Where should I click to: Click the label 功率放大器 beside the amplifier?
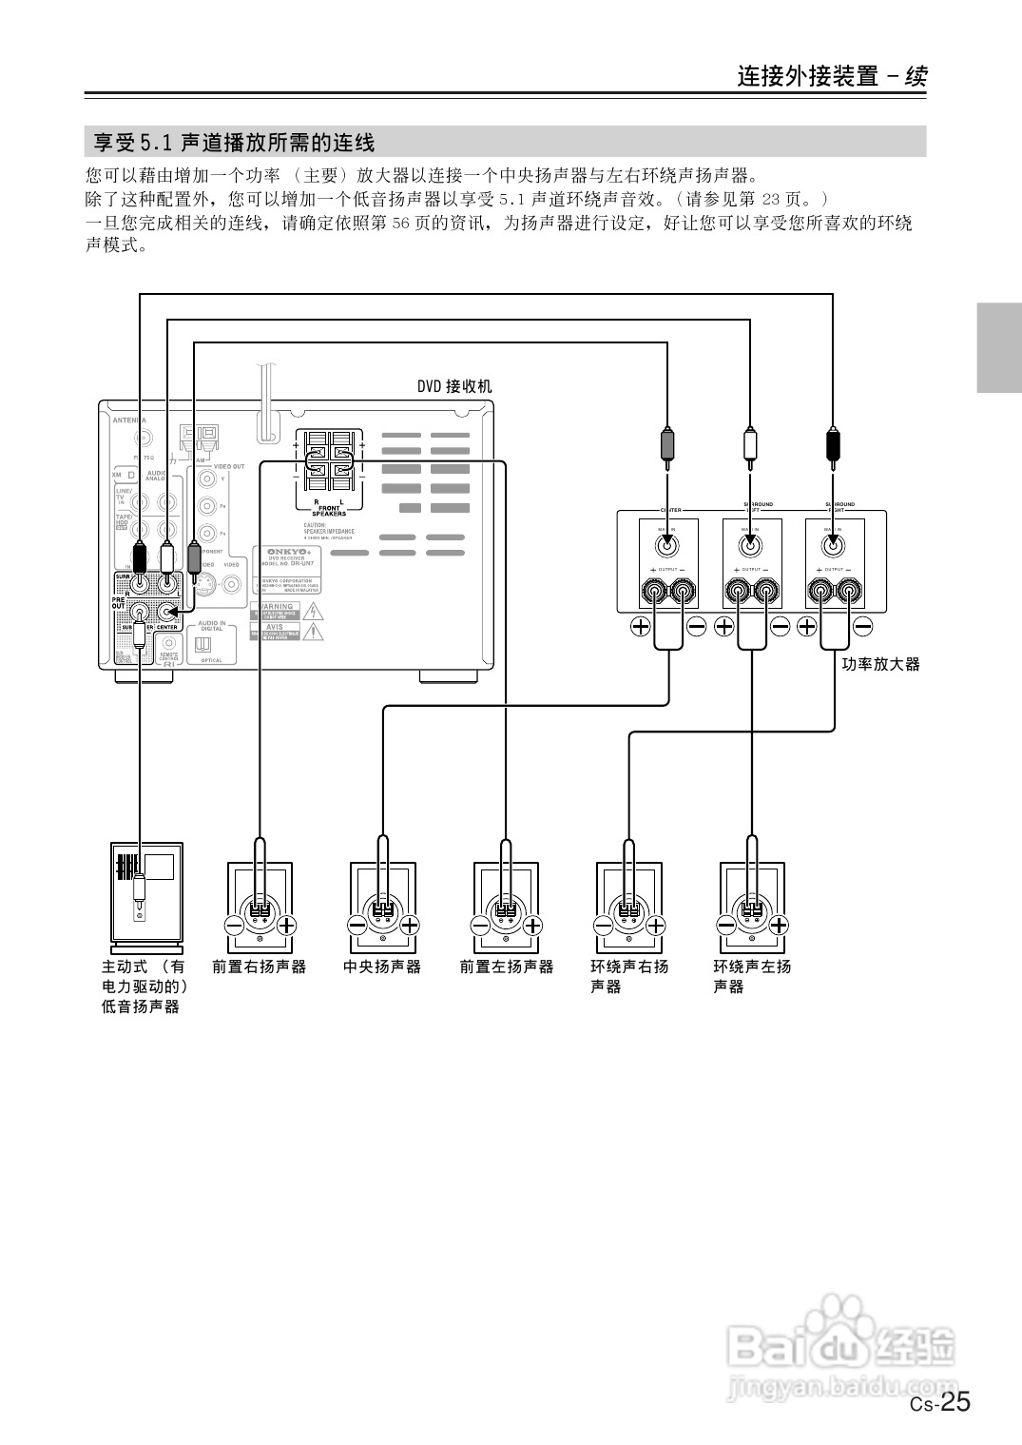(880, 664)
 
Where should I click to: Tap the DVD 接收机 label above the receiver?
(454, 386)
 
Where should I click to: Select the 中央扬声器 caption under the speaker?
(381, 967)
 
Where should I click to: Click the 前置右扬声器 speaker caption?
(260, 967)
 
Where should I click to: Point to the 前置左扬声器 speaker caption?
(506, 967)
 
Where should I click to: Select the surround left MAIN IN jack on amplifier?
(750, 545)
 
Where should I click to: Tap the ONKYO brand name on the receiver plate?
(288, 551)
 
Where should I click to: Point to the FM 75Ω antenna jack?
(143, 439)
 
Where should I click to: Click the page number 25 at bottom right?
(955, 1403)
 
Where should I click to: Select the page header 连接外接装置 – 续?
(832, 76)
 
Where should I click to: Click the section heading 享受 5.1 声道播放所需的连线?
(235, 143)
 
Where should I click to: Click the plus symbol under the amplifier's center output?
(640, 626)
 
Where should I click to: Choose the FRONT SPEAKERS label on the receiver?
(329, 510)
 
